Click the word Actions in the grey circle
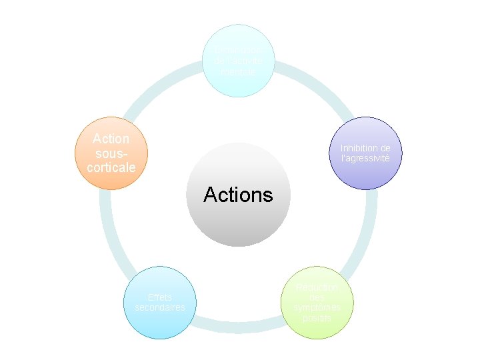238,195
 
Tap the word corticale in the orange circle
111,167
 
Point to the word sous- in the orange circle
111,153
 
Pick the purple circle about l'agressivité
369,153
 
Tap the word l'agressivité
369,159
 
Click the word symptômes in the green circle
316,307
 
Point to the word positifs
316,318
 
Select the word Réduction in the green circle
317,287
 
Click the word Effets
160,297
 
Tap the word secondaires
160,307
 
